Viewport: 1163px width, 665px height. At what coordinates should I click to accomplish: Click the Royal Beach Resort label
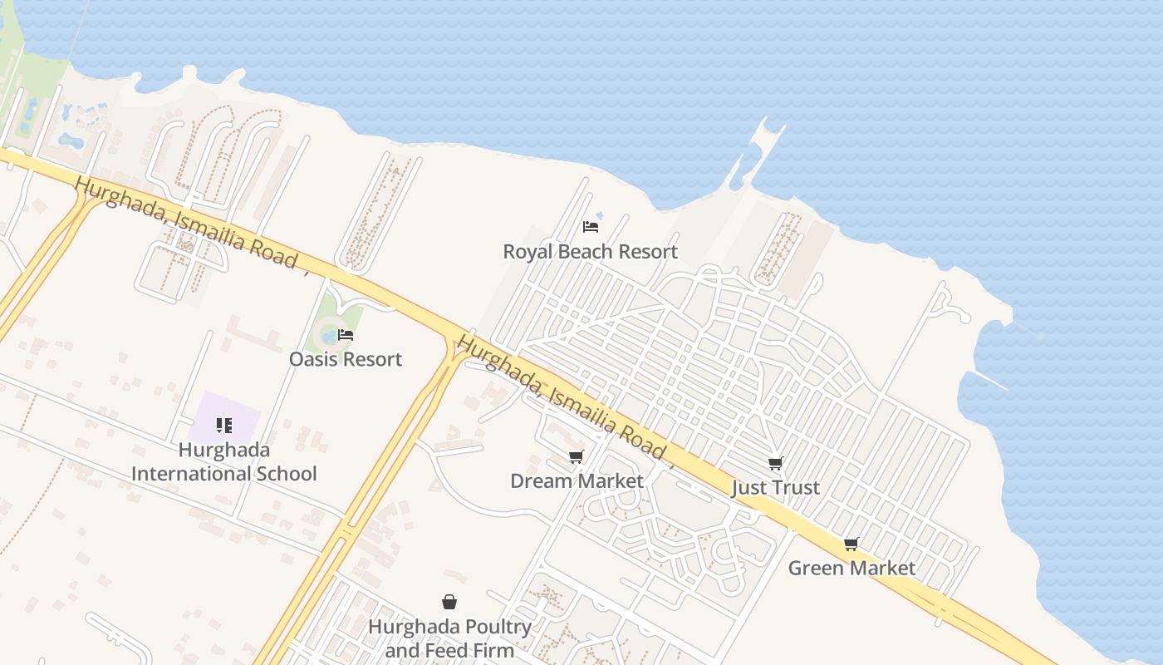pyautogui.click(x=591, y=251)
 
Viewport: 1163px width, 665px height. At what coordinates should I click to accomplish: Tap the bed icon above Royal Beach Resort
pyautogui.click(x=591, y=226)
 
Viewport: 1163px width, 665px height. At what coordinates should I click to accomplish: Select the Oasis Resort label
pyautogui.click(x=346, y=359)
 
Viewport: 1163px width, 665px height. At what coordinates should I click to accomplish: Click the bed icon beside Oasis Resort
pyautogui.click(x=346, y=335)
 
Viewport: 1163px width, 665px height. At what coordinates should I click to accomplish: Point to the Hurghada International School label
pyautogui.click(x=224, y=462)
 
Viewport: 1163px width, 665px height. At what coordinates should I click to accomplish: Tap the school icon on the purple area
pyautogui.click(x=223, y=426)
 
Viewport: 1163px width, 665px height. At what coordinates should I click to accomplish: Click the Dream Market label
pyautogui.click(x=577, y=480)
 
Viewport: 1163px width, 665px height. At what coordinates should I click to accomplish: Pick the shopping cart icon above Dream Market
pyautogui.click(x=576, y=456)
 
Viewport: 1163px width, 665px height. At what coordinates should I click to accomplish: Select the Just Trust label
pyautogui.click(x=775, y=487)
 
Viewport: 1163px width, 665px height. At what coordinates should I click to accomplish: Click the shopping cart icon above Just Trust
pyautogui.click(x=775, y=463)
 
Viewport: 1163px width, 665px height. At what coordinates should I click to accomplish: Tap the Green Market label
pyautogui.click(x=851, y=568)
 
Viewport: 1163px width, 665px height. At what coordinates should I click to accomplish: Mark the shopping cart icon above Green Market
pyautogui.click(x=851, y=544)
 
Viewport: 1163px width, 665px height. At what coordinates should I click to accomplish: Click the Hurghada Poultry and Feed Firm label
pyautogui.click(x=449, y=638)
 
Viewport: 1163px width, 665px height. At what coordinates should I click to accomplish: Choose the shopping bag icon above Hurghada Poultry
pyautogui.click(x=449, y=602)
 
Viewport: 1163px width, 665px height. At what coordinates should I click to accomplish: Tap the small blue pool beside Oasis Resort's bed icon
pyautogui.click(x=329, y=337)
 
